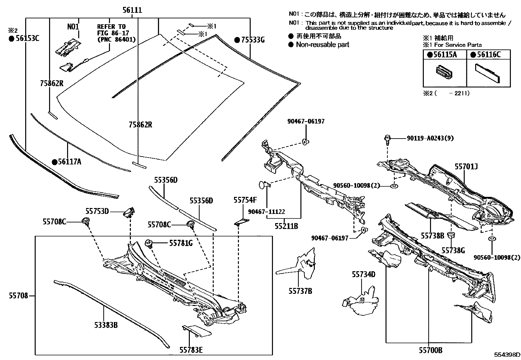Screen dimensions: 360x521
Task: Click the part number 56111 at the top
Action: (x=132, y=10)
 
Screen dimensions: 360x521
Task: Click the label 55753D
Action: (x=97, y=211)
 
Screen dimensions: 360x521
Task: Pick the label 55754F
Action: (x=245, y=200)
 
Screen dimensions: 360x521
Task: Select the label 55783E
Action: (x=191, y=350)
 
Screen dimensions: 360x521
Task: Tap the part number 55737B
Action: (x=300, y=291)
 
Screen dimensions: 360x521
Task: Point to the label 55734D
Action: (x=364, y=274)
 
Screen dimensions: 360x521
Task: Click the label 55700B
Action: (x=431, y=351)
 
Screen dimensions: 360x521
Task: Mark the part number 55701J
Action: (x=466, y=167)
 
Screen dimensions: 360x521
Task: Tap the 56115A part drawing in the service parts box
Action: (x=445, y=72)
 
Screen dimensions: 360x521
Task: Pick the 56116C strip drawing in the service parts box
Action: (x=488, y=74)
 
